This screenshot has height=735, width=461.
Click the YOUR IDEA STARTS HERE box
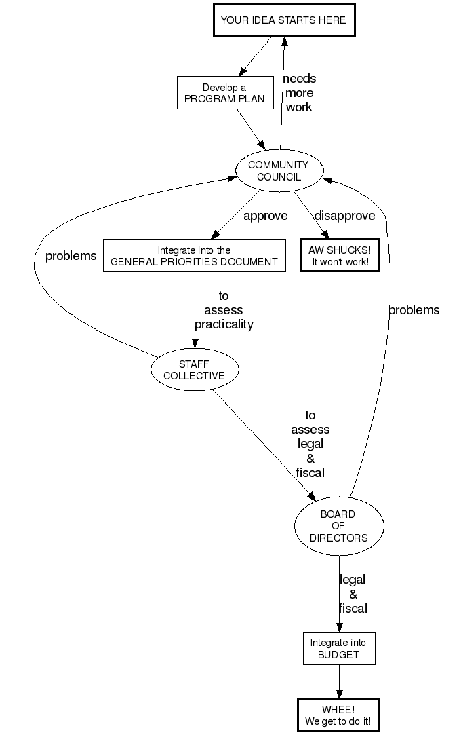point(283,20)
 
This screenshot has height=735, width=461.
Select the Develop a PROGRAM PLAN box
point(224,93)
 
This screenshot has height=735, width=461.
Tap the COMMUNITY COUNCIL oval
point(279,170)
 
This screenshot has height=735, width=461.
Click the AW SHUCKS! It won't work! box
point(340,256)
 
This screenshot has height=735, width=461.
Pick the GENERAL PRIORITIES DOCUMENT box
point(194,256)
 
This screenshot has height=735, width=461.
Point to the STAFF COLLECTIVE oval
point(194,370)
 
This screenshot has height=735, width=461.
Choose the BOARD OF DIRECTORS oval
point(338,526)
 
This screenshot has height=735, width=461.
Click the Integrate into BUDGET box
point(338,649)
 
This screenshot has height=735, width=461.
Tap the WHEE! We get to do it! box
point(338,715)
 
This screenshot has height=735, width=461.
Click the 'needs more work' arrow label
point(299,93)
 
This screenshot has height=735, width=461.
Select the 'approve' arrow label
point(265,216)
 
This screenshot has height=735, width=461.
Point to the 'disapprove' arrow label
point(344,216)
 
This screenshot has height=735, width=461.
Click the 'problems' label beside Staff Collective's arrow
point(71,256)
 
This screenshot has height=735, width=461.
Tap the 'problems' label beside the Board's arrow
point(414,310)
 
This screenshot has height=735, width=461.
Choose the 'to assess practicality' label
point(224,310)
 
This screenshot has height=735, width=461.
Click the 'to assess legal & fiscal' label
point(310,444)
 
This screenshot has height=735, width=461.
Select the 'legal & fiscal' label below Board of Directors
point(353,594)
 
